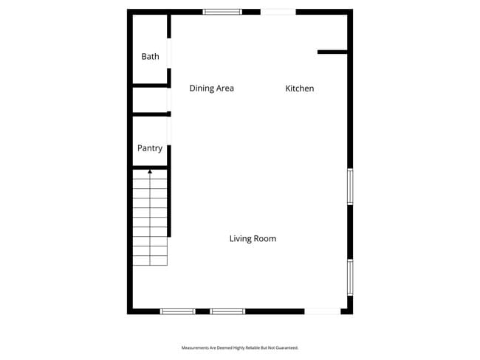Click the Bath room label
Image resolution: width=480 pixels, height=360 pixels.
pyautogui.click(x=150, y=56)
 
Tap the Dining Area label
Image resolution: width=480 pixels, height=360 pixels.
pyautogui.click(x=211, y=89)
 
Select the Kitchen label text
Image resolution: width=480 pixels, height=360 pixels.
pyautogui.click(x=300, y=89)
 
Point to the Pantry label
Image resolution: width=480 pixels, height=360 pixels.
pyautogui.click(x=150, y=148)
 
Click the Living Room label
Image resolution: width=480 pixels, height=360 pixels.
pyautogui.click(x=253, y=238)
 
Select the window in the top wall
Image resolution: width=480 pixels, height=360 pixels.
pyautogui.click(x=222, y=12)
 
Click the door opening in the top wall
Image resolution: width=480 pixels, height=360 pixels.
pyautogui.click(x=278, y=12)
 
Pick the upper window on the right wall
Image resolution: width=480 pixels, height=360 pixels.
pyautogui.click(x=350, y=187)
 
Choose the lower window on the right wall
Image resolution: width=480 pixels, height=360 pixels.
pyautogui.click(x=350, y=277)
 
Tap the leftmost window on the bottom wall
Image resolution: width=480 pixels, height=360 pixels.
pyautogui.click(x=178, y=311)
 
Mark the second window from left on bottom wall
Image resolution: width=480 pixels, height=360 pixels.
pyautogui.click(x=227, y=311)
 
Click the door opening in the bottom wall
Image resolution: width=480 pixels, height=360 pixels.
pyautogui.click(x=323, y=311)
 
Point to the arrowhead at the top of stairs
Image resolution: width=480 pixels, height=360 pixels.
pyautogui.click(x=150, y=171)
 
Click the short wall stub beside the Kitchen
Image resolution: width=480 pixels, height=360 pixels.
pyautogui.click(x=332, y=52)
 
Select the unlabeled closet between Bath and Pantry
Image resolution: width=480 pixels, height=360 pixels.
pyautogui.click(x=150, y=100)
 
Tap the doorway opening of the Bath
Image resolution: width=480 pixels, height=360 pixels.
pyautogui.click(x=169, y=53)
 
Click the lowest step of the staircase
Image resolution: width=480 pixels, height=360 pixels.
pyautogui.click(x=150, y=260)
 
